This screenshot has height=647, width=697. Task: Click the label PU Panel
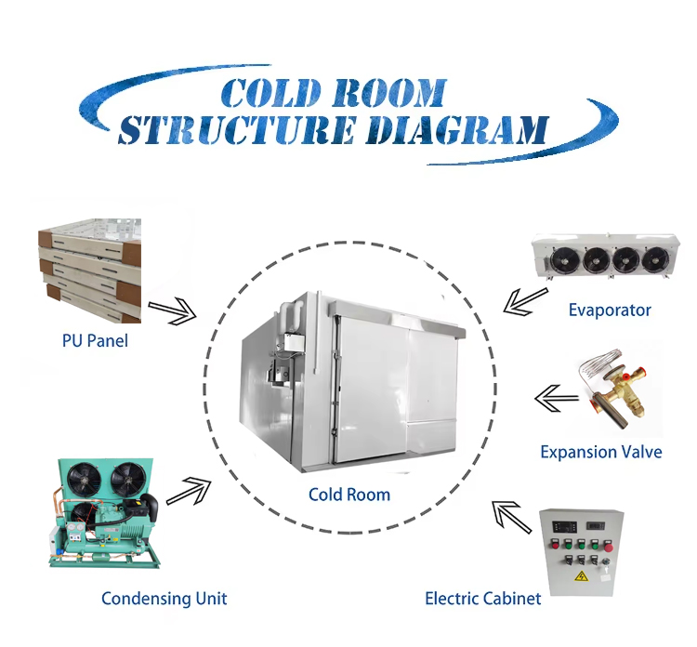coord(89,340)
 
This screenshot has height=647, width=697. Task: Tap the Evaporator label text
coord(610,310)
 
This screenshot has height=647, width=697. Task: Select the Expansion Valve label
coord(601,452)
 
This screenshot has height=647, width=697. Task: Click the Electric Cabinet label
coord(482,598)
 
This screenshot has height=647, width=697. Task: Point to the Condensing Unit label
coord(164,598)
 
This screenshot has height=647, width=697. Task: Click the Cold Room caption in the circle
coord(348,495)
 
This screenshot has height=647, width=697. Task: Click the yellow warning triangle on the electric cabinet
coord(581,577)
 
